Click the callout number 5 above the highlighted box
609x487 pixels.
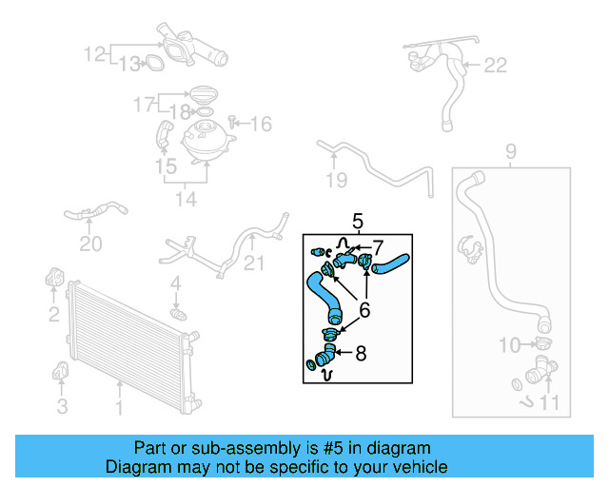coord(358,222)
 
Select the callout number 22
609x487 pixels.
coord(496,66)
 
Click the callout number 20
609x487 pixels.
coord(89,244)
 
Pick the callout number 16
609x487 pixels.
coord(261,124)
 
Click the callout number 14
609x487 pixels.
coord(185,200)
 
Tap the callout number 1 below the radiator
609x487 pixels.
coord(119,408)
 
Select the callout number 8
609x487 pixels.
coord(361,354)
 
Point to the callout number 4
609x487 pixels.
coord(175,283)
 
